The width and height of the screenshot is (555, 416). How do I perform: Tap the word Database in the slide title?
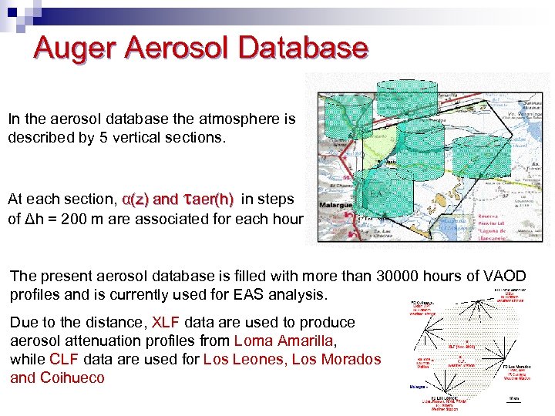click(304, 48)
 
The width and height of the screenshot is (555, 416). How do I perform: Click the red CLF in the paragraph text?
click(65, 360)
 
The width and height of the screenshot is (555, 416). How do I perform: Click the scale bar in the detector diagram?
click(514, 401)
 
